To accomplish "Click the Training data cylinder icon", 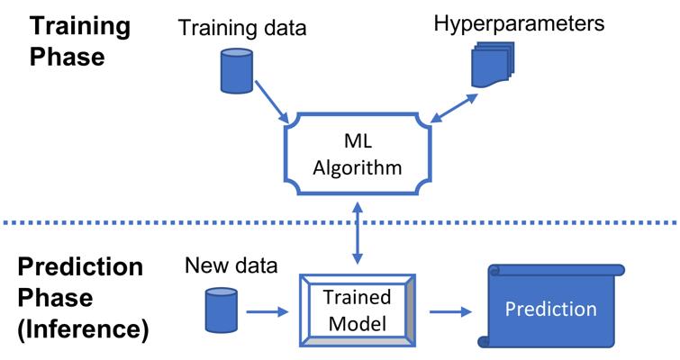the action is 236,70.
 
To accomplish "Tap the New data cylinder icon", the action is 222,310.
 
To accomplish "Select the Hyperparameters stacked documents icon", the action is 493,65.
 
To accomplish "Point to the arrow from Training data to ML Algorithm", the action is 271,102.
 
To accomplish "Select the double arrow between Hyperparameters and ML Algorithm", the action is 454,108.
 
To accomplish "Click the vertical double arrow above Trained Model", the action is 358,233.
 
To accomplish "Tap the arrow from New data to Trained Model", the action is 267,311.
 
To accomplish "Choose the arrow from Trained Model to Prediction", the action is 450,311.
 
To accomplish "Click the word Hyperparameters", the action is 519,22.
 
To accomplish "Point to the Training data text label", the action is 242,28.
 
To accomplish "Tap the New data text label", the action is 231,265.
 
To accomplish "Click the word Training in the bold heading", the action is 80,27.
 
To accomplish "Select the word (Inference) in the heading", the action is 83,329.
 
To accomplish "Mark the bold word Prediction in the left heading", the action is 80,266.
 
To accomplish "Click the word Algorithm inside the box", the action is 358,168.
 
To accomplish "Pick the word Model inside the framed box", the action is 358,323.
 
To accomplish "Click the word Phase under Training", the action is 68,57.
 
